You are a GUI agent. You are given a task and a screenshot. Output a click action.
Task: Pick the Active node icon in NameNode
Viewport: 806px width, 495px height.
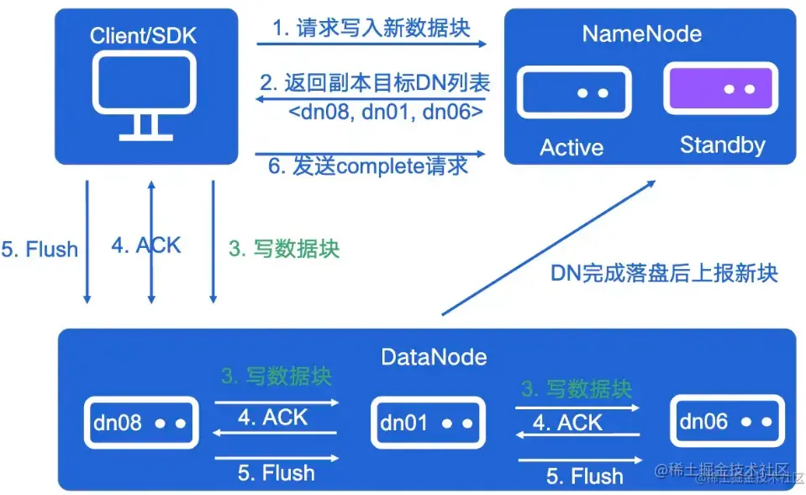573,92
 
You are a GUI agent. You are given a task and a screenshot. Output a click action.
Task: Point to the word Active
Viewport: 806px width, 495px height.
572,148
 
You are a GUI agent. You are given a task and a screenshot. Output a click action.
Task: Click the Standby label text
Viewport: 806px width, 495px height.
722,145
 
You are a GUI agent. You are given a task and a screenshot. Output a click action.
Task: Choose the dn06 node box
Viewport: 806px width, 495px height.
726,421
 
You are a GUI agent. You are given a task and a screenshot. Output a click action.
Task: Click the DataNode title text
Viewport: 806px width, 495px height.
434,356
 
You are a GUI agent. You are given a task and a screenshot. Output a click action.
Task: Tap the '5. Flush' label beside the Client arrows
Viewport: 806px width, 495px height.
40,250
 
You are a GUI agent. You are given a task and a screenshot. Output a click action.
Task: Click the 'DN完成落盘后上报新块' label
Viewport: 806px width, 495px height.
664,273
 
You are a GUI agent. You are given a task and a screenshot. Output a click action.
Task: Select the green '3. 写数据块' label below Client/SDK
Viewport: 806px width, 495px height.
284,250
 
